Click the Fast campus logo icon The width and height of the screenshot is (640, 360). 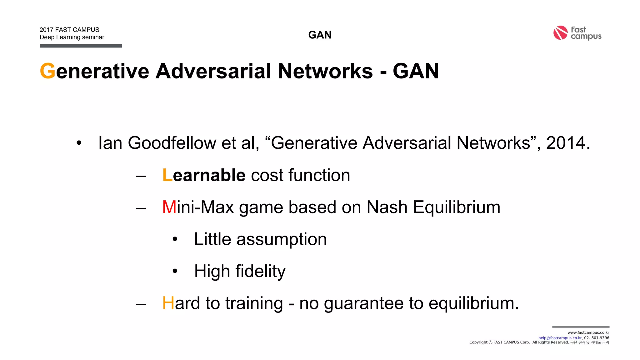560,33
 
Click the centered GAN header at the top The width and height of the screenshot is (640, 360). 320,35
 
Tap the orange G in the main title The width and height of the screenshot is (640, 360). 47,71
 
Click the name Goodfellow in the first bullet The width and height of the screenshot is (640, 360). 172,143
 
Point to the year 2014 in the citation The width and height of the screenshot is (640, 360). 566,143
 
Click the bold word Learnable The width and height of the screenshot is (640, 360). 204,175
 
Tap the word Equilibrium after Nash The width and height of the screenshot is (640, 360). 457,207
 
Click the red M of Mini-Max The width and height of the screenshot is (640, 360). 169,207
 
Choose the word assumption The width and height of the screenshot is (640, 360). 282,240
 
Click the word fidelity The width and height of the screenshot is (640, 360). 260,271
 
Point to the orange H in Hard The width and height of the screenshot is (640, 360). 168,303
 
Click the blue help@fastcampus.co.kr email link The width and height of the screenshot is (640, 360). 560,338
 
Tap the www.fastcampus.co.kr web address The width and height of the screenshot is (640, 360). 588,333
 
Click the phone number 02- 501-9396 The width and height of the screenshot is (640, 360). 597,338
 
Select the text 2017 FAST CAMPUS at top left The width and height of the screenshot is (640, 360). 69,30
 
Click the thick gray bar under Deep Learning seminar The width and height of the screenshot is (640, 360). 81,46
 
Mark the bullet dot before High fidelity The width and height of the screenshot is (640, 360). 175,271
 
